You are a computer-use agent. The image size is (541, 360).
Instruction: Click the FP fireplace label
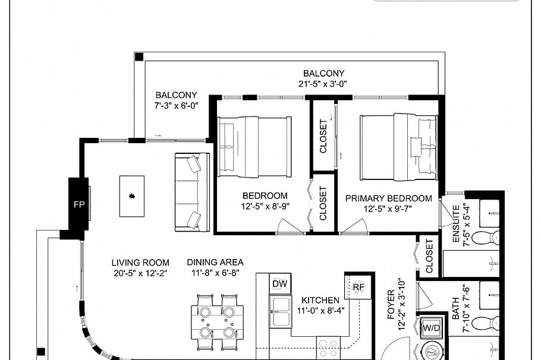78,205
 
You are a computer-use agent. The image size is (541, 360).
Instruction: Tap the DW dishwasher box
279,284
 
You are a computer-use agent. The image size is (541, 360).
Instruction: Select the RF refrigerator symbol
358,287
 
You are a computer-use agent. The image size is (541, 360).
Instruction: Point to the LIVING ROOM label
140,262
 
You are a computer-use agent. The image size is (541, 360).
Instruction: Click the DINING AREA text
215,262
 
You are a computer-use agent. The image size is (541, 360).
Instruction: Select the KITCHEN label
320,300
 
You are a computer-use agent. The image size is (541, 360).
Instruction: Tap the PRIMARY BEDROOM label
388,198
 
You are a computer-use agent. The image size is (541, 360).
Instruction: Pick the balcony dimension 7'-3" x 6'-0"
176,105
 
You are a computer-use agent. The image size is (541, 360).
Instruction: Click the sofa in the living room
191,191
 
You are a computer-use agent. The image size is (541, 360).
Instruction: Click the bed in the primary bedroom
398,147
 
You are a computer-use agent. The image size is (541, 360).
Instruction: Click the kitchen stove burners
327,345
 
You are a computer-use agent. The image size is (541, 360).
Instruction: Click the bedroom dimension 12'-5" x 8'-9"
265,208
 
